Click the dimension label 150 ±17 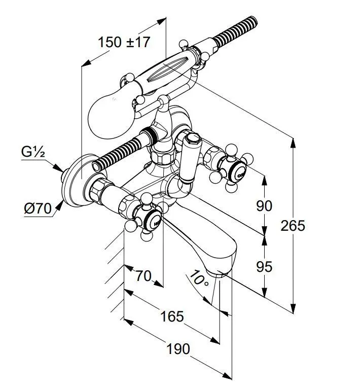[x=124, y=42]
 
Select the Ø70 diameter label [x=38, y=208]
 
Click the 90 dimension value [x=264, y=205]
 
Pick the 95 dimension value [x=264, y=266]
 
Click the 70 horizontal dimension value [x=143, y=276]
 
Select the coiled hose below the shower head [x=120, y=153]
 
